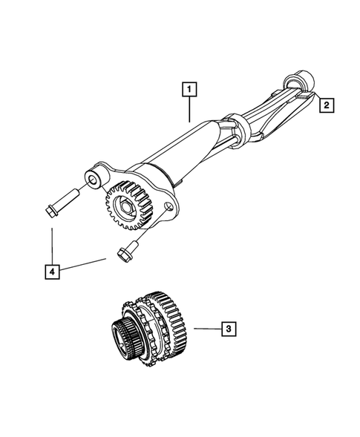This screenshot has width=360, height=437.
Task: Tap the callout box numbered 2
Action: tap(326, 106)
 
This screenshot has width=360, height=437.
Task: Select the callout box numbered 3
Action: tap(230, 328)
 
